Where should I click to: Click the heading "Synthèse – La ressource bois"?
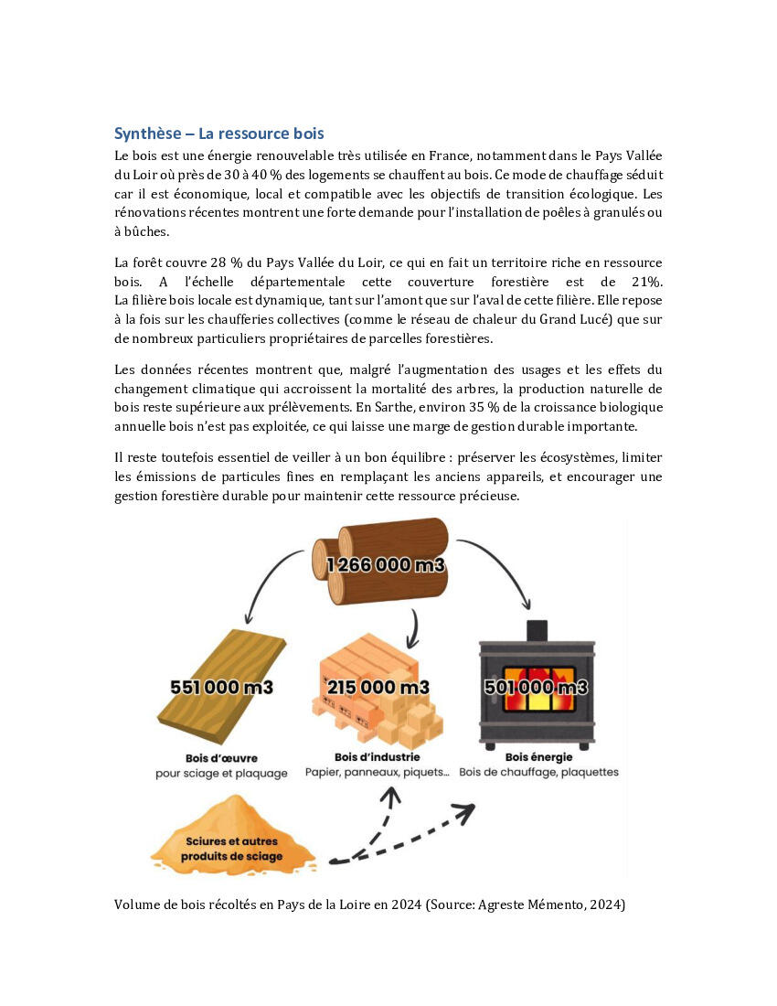tap(218, 134)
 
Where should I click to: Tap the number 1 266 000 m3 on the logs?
tap(385, 564)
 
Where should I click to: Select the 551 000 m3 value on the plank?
tap(221, 688)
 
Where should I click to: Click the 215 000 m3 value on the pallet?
tap(378, 687)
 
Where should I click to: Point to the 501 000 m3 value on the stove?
tap(536, 688)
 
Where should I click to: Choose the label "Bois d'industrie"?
tap(377, 757)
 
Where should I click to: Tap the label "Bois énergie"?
tap(538, 757)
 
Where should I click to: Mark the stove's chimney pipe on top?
tap(536, 629)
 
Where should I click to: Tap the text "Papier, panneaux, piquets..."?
tap(377, 773)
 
